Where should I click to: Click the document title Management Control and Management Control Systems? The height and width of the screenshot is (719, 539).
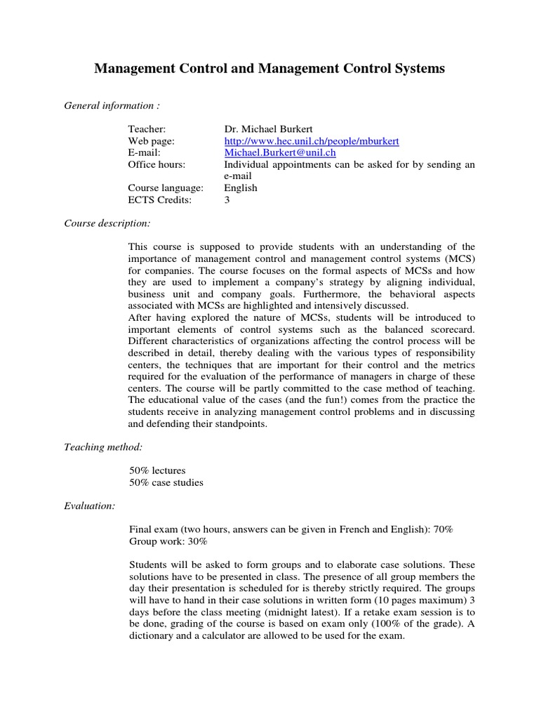coord(269,68)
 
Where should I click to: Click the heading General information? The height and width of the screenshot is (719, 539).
coord(112,106)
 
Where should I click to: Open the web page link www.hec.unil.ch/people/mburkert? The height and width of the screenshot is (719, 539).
coord(311,141)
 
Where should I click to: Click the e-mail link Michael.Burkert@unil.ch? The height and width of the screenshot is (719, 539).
coord(280,152)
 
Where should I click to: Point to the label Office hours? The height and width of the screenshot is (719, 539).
coord(157,164)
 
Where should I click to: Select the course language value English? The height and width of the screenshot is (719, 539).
coord(241,188)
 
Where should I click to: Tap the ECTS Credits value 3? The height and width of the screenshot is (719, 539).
coord(227,200)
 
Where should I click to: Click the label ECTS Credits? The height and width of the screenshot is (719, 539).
coord(159,200)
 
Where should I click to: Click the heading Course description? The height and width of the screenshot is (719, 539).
coord(107,223)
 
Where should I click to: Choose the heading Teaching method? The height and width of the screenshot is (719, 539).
coord(103,447)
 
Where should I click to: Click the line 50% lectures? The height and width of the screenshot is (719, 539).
coord(157,470)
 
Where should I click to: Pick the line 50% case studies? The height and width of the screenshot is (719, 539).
coord(166,482)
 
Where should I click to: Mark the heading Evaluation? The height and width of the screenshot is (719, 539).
coord(90,506)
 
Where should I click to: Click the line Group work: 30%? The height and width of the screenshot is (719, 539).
coord(168,541)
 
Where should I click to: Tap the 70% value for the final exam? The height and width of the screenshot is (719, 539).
coord(444,529)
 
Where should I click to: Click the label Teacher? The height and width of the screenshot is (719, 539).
coord(147,129)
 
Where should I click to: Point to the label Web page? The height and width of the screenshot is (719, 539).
coord(151,141)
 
